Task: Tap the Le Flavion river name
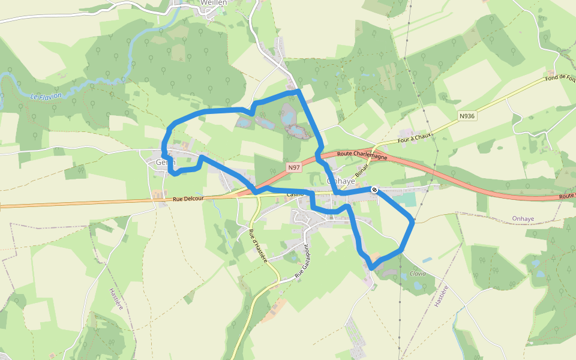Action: pyautogui.click(x=46, y=95)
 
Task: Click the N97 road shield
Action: pyautogui.click(x=293, y=168)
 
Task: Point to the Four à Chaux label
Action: pyautogui.click(x=415, y=137)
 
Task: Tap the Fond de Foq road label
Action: pyautogui.click(x=559, y=77)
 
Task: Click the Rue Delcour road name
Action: pyautogui.click(x=188, y=199)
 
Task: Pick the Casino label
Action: pyautogui.click(x=295, y=195)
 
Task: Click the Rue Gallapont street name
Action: pyautogui.click(x=301, y=260)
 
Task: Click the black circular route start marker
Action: pyautogui.click(x=374, y=190)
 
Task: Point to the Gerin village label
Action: pyautogui.click(x=165, y=162)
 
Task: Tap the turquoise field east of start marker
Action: pyautogui.click(x=406, y=200)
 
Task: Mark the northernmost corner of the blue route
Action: pyautogui.click(x=298, y=91)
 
